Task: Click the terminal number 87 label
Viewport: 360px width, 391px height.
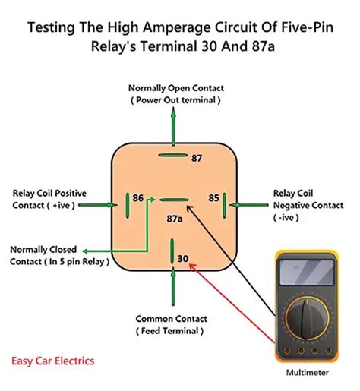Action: pyautogui.click(x=196, y=158)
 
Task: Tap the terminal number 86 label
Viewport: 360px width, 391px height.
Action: pyautogui.click(x=137, y=197)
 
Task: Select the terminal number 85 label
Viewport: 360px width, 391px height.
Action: pyautogui.click(x=213, y=197)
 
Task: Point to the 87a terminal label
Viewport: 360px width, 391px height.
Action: pyautogui.click(x=175, y=219)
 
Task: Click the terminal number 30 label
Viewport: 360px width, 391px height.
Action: pyautogui.click(x=182, y=259)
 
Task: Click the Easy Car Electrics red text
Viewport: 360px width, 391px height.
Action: pyautogui.click(x=53, y=361)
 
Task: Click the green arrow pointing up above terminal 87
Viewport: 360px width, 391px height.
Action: pyautogui.click(x=174, y=125)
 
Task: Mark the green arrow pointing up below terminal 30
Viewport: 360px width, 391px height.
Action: pyautogui.click(x=174, y=289)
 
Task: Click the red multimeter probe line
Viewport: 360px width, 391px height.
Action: pyautogui.click(x=235, y=304)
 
